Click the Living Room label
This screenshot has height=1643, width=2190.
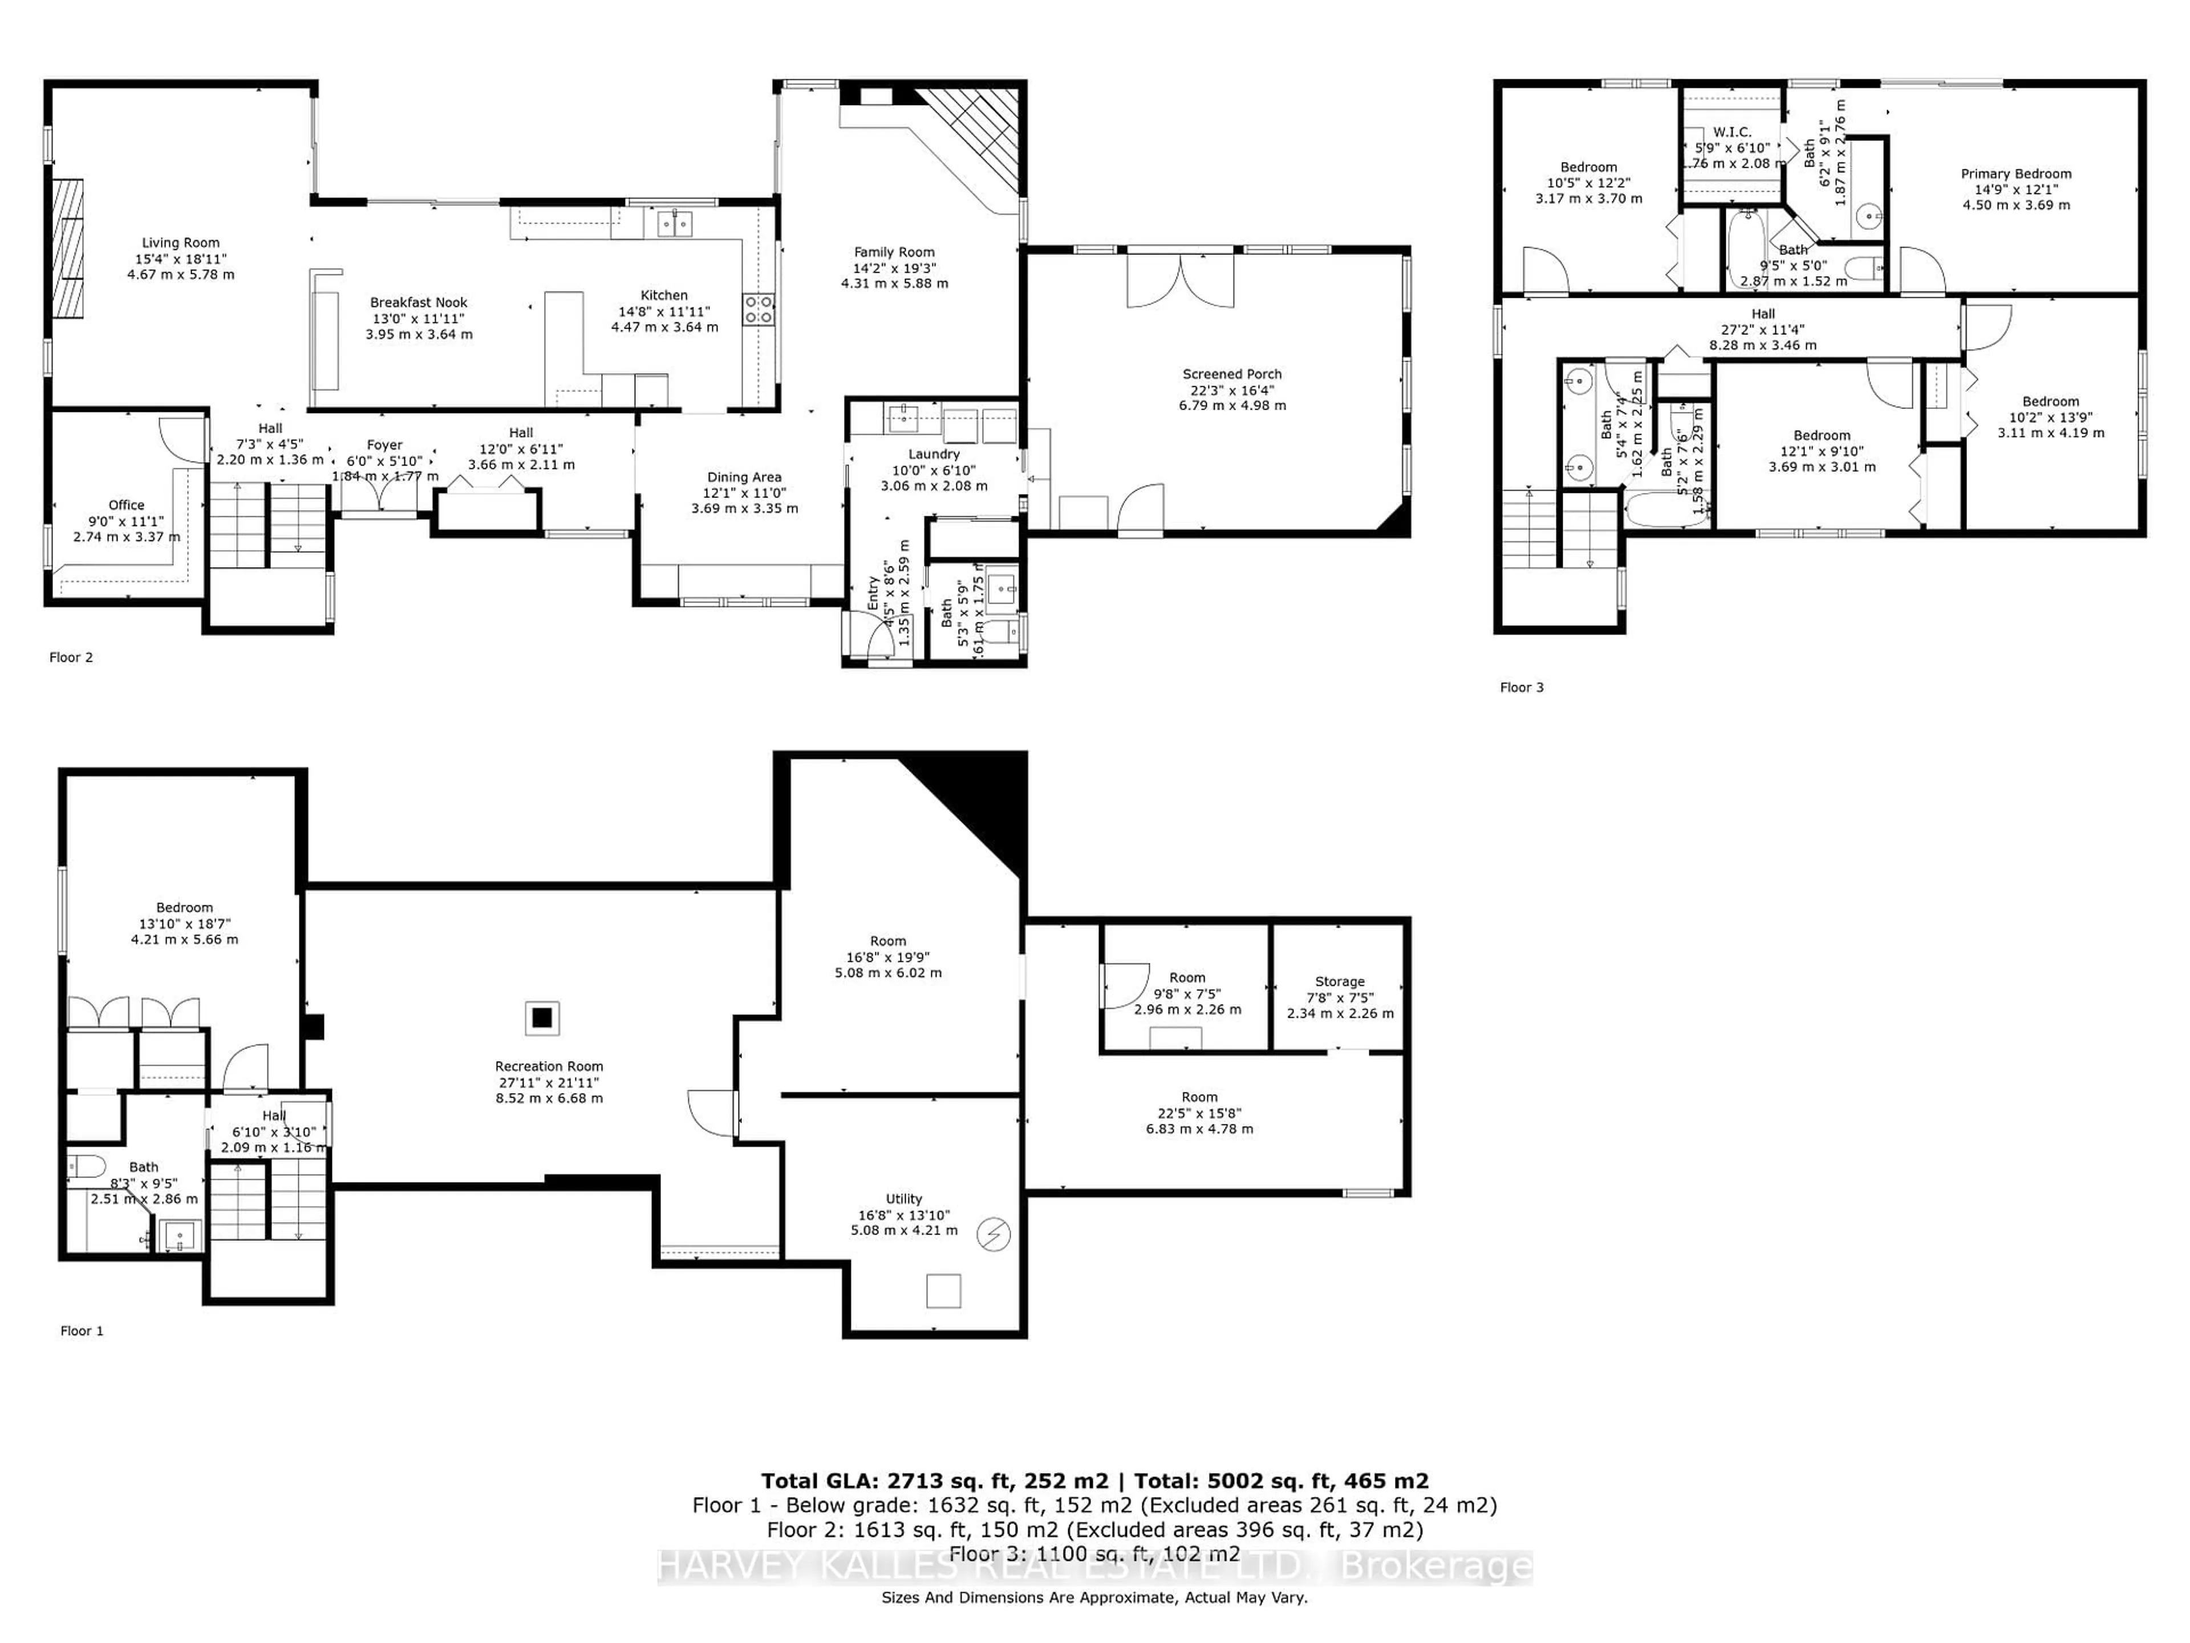(180, 242)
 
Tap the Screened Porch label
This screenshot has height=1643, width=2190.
(1232, 374)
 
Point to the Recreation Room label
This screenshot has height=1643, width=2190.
(549, 1067)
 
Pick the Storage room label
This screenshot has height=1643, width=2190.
(1340, 981)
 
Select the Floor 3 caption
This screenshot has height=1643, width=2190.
(1522, 687)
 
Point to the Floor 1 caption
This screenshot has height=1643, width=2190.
(82, 1331)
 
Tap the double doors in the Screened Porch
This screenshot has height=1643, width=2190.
(1180, 280)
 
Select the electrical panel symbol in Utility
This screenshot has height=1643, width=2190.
(993, 1234)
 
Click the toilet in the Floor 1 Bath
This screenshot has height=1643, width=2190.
(86, 1167)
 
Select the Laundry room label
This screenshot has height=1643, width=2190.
(934, 455)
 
